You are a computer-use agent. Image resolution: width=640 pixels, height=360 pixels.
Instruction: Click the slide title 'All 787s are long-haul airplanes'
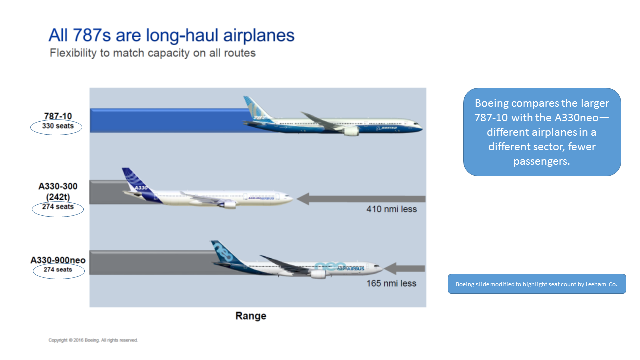point(171,35)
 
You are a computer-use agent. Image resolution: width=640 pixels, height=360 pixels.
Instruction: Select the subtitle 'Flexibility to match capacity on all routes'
point(153,53)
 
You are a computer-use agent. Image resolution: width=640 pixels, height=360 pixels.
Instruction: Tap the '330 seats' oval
point(56,127)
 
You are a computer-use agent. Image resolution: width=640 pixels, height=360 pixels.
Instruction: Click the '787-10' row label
point(58,116)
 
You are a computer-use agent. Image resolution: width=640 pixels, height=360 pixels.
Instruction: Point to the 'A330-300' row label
point(58,186)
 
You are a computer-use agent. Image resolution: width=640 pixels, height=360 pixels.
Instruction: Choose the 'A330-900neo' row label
point(58,260)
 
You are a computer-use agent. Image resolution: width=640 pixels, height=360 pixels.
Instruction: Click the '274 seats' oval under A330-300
point(58,209)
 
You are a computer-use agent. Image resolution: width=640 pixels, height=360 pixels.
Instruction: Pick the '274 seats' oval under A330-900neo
point(59,271)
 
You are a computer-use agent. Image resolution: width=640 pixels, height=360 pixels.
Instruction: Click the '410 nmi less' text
point(391,209)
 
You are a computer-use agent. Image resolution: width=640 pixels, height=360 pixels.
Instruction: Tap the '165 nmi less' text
point(391,283)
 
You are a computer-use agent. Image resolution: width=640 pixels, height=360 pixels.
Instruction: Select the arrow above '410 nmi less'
point(361,199)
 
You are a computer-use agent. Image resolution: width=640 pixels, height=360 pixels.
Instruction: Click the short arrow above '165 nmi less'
point(404,269)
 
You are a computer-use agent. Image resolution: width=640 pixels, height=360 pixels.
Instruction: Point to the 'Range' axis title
point(251,316)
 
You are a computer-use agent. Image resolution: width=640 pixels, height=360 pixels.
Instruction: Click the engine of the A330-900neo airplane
point(318,275)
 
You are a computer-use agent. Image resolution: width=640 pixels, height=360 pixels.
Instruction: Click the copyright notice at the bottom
point(93,340)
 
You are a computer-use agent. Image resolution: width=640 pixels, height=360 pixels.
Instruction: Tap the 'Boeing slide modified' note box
point(537,284)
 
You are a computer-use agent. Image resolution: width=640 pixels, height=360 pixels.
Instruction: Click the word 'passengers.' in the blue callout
point(541,161)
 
